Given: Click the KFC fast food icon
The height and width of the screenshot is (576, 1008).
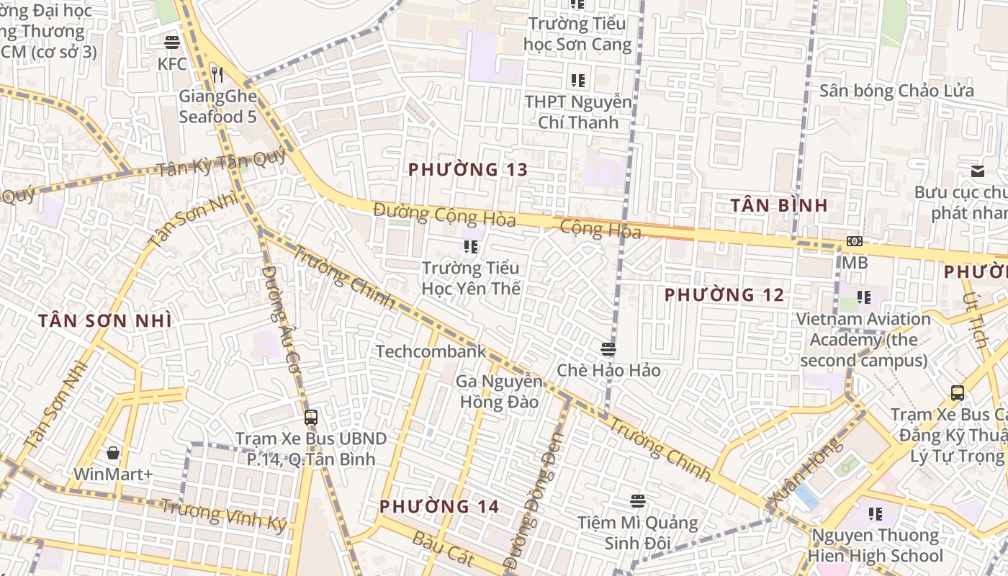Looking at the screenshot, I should pos(172,42).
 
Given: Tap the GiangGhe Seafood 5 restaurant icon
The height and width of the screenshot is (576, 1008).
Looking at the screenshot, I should pos(217,73).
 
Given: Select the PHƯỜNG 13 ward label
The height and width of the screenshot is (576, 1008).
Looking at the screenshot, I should pos(468,170).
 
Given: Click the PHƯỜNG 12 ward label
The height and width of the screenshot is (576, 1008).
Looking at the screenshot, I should pos(724,294).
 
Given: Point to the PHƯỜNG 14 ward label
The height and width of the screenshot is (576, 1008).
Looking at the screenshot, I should pos(439,506).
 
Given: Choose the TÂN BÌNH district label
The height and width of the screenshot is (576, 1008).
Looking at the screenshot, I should pos(779,205).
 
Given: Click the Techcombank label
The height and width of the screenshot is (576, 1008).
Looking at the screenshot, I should pos(431,351).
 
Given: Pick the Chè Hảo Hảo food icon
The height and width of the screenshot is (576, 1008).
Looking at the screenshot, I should pos(608,349).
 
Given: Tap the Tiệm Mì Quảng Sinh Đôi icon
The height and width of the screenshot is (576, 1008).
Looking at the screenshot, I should pos(637,500).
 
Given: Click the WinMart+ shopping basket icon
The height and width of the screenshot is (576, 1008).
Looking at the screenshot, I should pos(113,453).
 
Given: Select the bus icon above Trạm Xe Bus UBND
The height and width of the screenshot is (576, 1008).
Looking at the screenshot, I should pos(311,417).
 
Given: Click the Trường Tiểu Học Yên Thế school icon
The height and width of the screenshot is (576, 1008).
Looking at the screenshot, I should pos(471,248).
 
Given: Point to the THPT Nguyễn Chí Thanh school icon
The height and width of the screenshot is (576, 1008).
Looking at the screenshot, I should pos(577,80).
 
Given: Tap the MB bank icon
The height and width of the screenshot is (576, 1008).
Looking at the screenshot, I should pos(855,242).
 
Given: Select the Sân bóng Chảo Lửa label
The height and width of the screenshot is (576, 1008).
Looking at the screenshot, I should pos(896,91).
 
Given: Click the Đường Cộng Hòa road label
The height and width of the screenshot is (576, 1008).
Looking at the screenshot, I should pos(444,215).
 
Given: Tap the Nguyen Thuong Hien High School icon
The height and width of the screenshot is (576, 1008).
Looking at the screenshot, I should pos(876,514).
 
